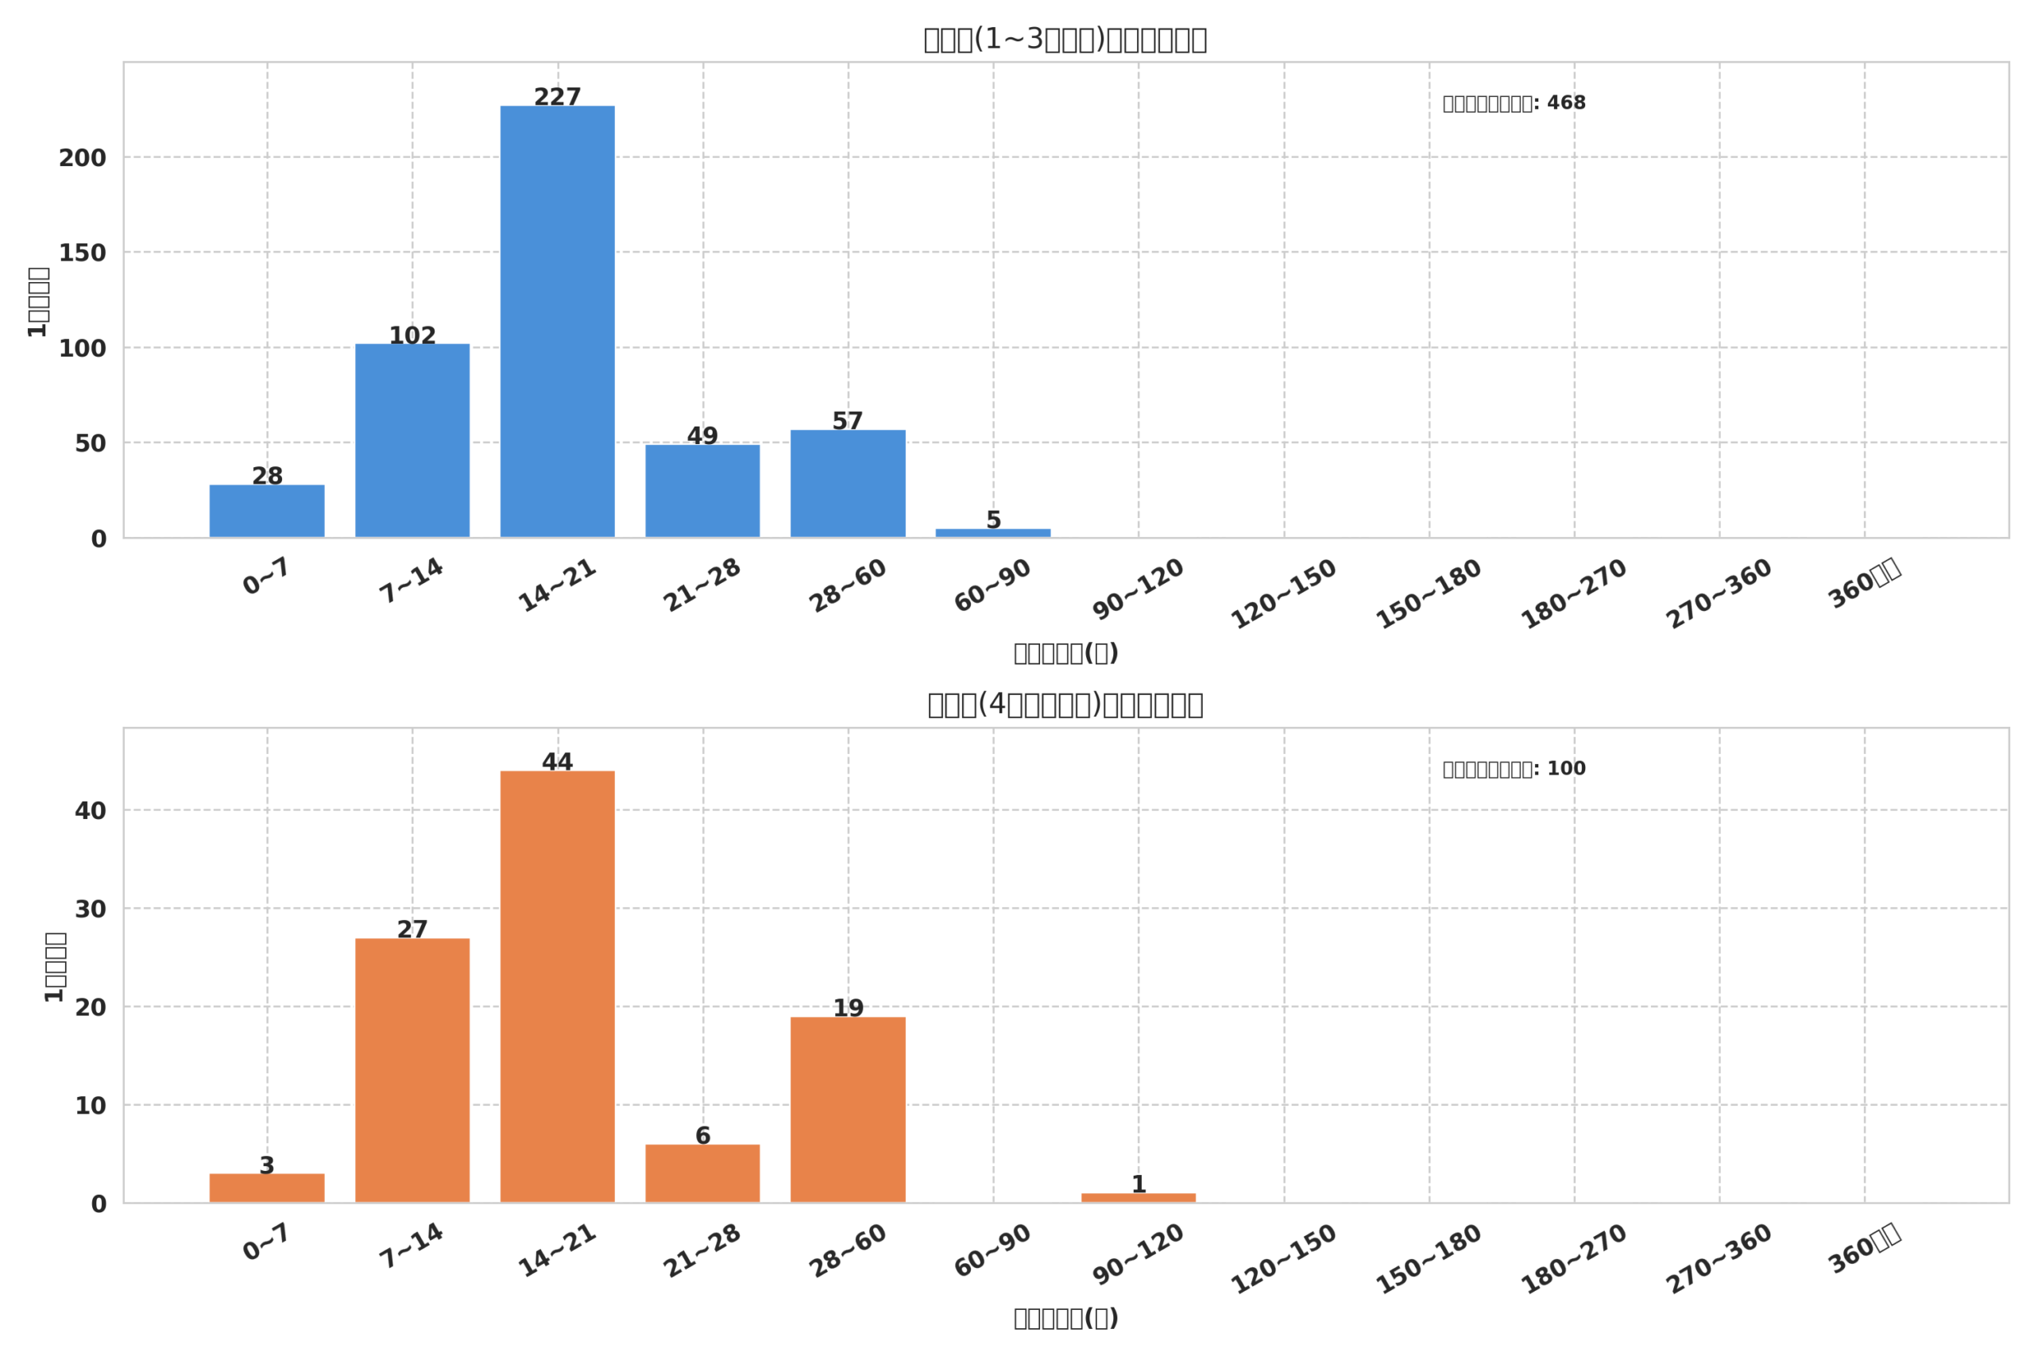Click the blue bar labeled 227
click(557, 322)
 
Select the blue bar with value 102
click(412, 440)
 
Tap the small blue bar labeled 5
click(993, 533)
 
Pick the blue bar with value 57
click(848, 484)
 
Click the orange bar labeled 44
click(557, 987)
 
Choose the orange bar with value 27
click(412, 1071)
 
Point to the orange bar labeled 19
click(848, 1110)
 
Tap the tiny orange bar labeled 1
click(1138, 1198)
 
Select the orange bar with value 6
click(702, 1173)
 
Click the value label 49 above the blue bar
click(702, 436)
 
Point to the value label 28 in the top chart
click(267, 476)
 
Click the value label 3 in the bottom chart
click(267, 1165)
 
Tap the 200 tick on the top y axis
click(82, 158)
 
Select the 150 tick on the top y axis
click(82, 253)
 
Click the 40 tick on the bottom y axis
click(90, 811)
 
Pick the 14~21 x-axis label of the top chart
click(557, 585)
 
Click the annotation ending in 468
click(1514, 103)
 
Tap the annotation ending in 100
click(1514, 769)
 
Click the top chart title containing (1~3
click(1065, 40)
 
